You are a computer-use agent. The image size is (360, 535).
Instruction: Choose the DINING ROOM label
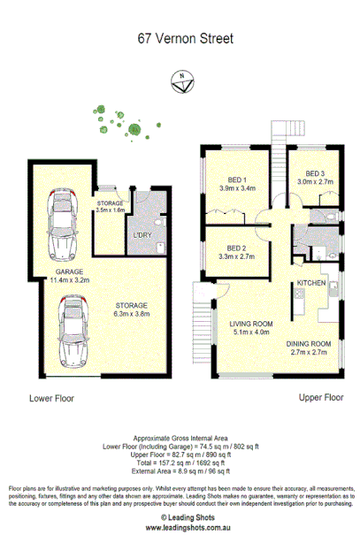pyautogui.click(x=309, y=343)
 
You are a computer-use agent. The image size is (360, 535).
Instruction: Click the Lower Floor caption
pyautogui.click(x=52, y=398)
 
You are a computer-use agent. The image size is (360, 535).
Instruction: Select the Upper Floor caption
pyautogui.click(x=320, y=398)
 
